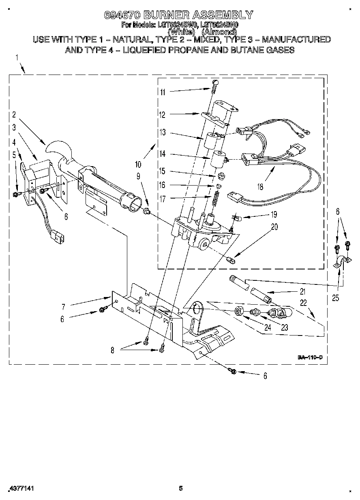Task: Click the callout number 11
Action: (x=163, y=92)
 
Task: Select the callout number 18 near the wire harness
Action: (x=260, y=187)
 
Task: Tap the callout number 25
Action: (x=335, y=299)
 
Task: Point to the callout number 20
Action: (x=274, y=227)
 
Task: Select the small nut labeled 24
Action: (x=239, y=311)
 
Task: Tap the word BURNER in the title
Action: (x=166, y=15)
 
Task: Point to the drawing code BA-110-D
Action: (x=310, y=357)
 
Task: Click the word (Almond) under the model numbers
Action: (x=219, y=32)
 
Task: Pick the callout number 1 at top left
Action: (x=17, y=58)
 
